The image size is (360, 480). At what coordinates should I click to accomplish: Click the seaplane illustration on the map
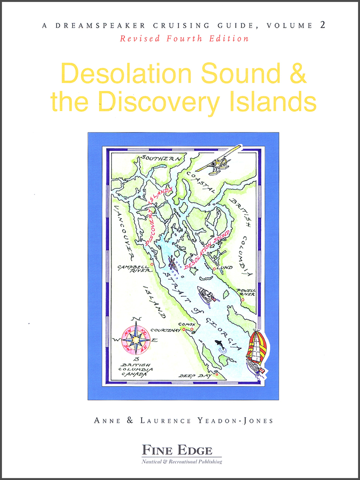[219, 161]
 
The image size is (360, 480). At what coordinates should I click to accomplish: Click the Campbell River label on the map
[134, 269]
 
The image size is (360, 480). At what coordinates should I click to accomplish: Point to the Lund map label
[225, 268]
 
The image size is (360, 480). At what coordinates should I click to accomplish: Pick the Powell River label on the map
[246, 292]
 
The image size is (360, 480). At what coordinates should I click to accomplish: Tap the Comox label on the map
[187, 324]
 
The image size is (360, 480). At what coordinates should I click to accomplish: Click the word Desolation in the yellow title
[127, 75]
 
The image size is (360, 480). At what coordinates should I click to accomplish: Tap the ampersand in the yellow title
[297, 75]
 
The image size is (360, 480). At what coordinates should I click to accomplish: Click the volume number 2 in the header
[322, 25]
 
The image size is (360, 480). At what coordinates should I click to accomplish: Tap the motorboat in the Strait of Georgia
[206, 295]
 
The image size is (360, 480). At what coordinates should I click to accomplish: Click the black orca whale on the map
[219, 345]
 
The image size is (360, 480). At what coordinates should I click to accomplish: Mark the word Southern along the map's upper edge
[159, 158]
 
